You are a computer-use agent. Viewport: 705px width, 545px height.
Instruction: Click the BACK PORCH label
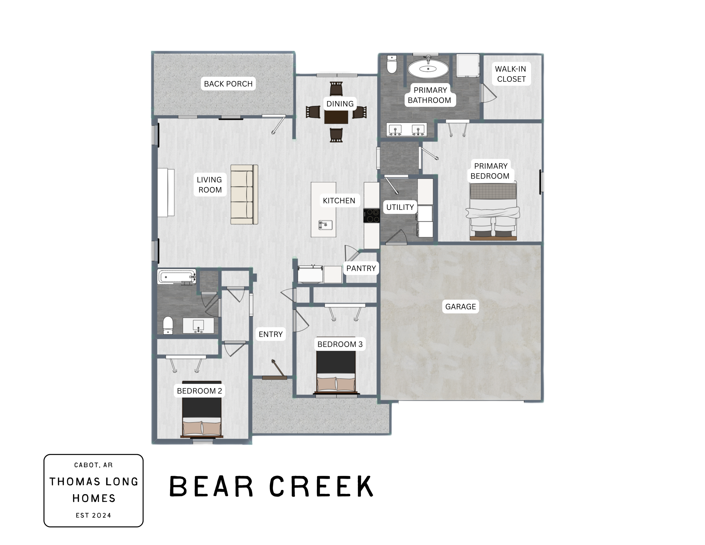pyautogui.click(x=228, y=84)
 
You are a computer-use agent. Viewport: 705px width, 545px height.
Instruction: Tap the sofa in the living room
pyautogui.click(x=244, y=194)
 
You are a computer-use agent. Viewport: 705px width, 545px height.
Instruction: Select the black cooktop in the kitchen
pyautogui.click(x=372, y=215)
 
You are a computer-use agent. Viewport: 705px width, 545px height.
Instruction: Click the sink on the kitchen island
pyautogui.click(x=325, y=225)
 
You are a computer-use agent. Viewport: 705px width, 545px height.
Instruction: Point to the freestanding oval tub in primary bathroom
pyautogui.click(x=428, y=69)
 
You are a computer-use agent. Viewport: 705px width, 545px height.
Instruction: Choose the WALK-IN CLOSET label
pyautogui.click(x=511, y=74)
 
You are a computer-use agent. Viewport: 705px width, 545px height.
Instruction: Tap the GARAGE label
pyautogui.click(x=460, y=307)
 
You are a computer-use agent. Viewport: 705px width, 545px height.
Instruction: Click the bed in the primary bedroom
pyautogui.click(x=493, y=211)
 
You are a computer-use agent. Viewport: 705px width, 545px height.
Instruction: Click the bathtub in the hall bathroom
pyautogui.click(x=177, y=277)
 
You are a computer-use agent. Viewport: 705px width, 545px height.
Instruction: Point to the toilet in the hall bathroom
pyautogui.click(x=168, y=325)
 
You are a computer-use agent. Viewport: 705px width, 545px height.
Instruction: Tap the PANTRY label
pyautogui.click(x=361, y=268)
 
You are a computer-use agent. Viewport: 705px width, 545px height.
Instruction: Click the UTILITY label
pyautogui.click(x=400, y=207)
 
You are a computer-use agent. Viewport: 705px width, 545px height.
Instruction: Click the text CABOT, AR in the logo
pyautogui.click(x=93, y=465)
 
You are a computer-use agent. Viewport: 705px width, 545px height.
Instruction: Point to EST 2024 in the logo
pyautogui.click(x=93, y=516)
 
